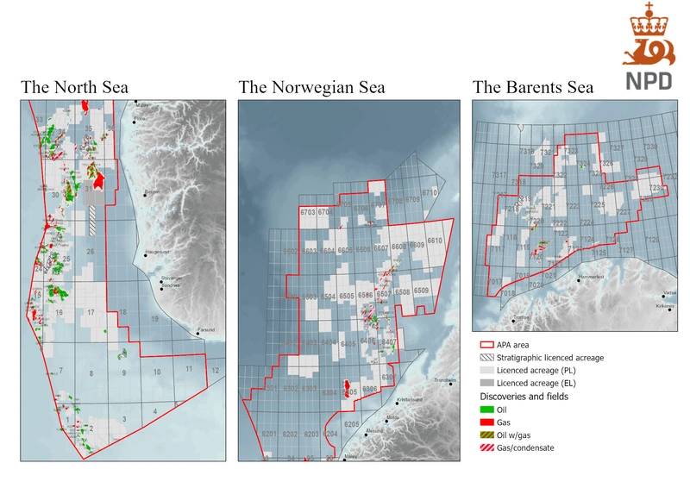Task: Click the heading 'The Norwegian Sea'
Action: [x=311, y=87]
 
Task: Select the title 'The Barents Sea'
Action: [x=532, y=87]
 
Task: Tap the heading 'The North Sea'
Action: [x=77, y=87]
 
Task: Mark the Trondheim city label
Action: [x=446, y=380]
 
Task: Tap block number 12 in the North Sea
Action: [x=215, y=371]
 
